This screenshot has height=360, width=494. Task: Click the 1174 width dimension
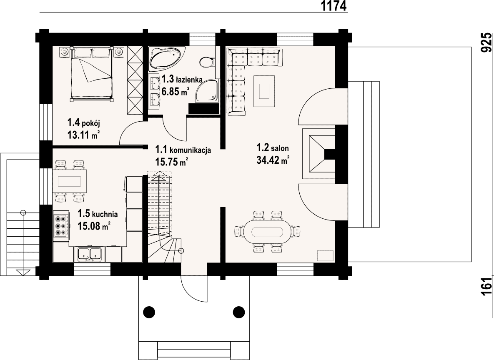[334, 6]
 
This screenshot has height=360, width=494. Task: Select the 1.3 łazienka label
[182, 79]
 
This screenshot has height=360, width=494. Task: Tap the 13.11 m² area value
[83, 135]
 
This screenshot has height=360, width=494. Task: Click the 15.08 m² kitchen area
[94, 226]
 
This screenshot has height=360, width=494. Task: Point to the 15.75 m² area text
[172, 162]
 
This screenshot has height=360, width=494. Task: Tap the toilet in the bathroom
[207, 61]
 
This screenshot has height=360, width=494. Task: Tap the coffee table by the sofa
[263, 87]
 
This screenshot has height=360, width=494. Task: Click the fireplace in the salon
[318, 153]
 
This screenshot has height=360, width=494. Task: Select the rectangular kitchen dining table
[70, 181]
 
